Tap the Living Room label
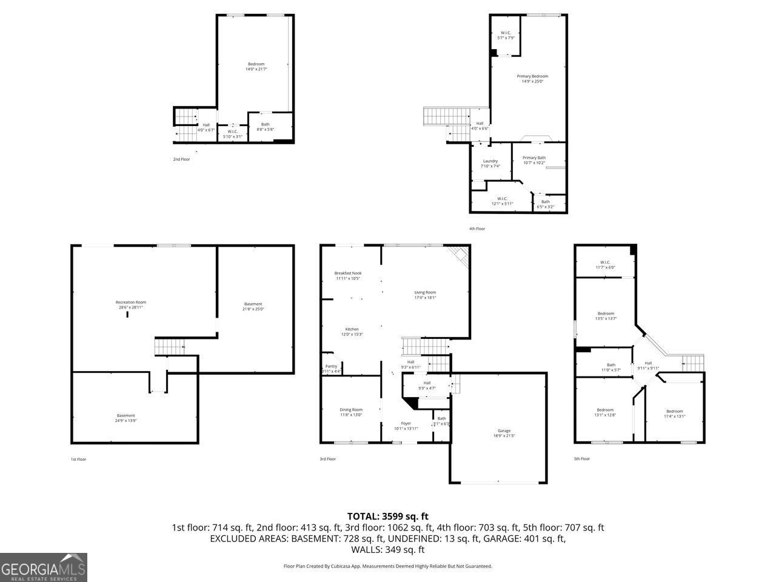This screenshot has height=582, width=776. pos(425,295)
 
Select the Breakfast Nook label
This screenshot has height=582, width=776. pos(348,276)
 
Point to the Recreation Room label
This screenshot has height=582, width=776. pos(131,304)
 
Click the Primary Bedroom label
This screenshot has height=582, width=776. pos(532,78)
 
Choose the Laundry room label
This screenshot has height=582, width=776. pos(490,163)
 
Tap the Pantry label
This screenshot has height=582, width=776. pos(331,369)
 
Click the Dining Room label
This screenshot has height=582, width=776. pos(351,412)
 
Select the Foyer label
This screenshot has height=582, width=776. pos(406,426)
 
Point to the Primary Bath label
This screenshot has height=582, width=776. pos(534,160)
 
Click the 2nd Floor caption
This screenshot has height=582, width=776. pos(181,159)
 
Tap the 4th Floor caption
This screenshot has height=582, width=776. pos(477,229)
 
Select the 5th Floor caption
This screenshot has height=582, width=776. pos(581,459)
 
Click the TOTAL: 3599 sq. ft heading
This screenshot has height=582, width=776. pos(387,516)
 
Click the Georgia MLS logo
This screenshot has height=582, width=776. pos(44,567)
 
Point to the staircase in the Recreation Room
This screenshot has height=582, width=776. pos(170,347)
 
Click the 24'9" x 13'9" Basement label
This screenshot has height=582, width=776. pos(126,418)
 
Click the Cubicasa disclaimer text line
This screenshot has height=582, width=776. pos(387,566)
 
